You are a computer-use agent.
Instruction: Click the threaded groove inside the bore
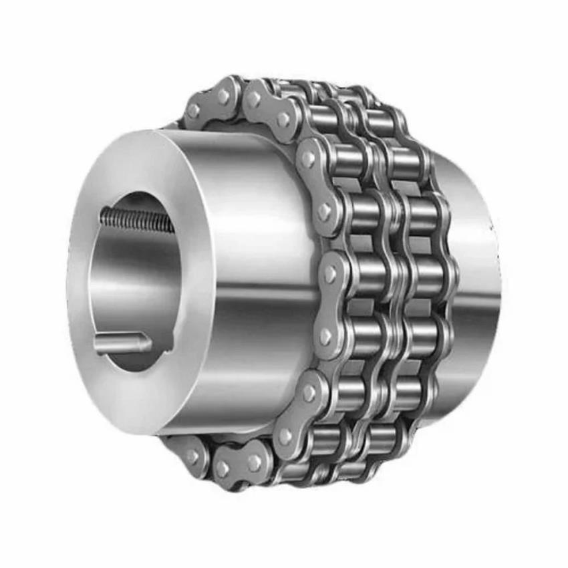coord(134,219)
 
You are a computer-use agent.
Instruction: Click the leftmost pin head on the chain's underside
coord(192,456)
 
